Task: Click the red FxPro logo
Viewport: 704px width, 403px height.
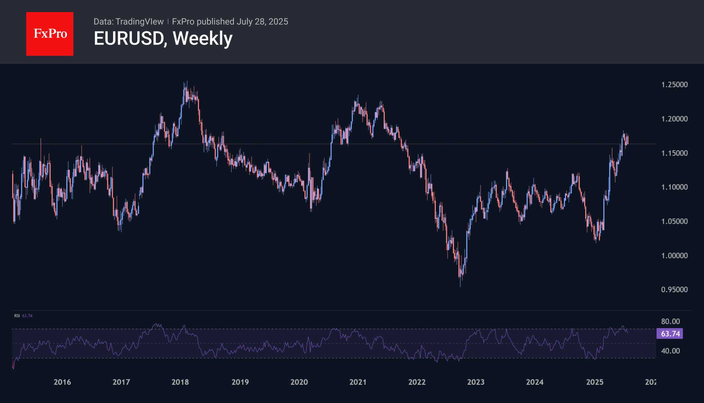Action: [50, 34]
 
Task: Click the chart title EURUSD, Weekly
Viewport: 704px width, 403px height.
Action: [163, 38]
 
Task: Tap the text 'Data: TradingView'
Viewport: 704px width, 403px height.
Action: [128, 22]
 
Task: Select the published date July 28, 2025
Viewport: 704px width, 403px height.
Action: [262, 22]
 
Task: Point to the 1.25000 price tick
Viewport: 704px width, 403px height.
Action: [674, 85]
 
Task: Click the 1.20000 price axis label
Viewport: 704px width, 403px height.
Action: [674, 119]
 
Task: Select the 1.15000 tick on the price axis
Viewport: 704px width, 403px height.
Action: [674, 153]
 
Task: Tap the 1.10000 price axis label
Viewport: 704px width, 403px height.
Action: [674, 187]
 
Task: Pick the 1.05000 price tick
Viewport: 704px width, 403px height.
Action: [674, 221]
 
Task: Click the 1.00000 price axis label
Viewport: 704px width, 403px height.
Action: [674, 256]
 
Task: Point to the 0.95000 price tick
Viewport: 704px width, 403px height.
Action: [674, 290]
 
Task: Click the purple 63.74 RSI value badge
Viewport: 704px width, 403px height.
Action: [670, 334]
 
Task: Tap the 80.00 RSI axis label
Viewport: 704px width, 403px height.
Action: [670, 321]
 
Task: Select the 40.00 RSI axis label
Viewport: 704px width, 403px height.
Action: [670, 351]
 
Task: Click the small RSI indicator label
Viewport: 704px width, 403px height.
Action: [17, 316]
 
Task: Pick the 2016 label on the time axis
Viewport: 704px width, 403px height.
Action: [62, 382]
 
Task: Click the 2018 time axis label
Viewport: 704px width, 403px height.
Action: [180, 382]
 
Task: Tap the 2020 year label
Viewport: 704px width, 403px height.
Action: [299, 382]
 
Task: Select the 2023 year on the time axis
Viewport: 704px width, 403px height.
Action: [476, 382]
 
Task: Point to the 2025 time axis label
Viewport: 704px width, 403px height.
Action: [595, 382]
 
